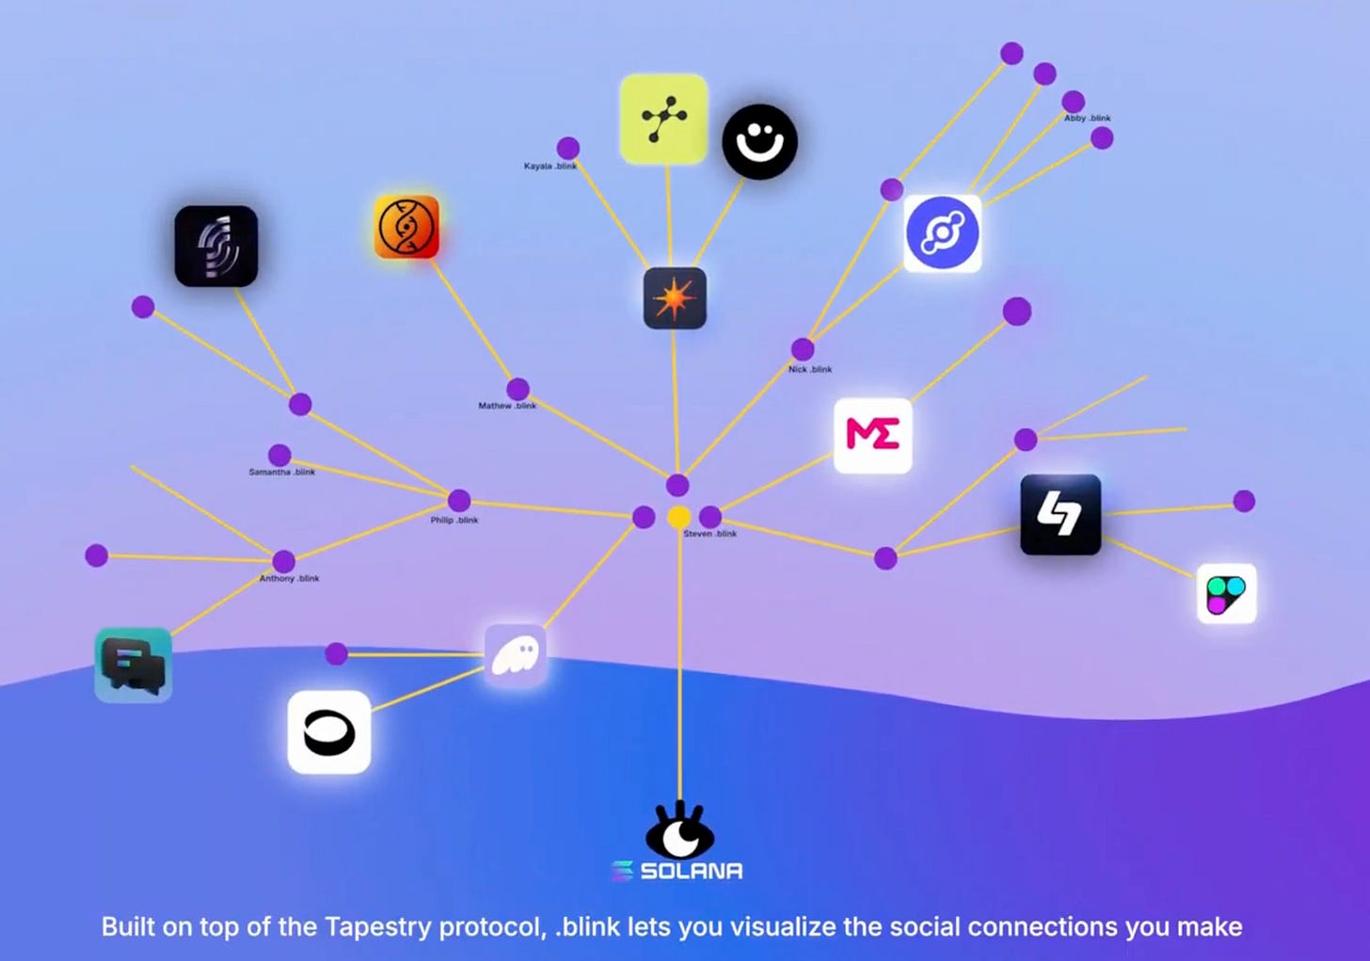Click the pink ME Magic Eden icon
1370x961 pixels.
(872, 435)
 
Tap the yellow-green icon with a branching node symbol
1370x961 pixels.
(663, 119)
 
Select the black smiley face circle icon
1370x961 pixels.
(759, 142)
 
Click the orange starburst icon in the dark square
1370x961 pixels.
(675, 298)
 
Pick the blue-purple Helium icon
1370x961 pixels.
(942, 233)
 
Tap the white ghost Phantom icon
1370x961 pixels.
(516, 654)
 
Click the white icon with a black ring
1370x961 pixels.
(328, 732)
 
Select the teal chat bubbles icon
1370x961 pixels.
(134, 665)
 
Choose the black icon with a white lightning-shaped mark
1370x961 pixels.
(1060, 515)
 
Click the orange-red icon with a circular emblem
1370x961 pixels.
(406, 228)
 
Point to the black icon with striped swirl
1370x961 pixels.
(215, 247)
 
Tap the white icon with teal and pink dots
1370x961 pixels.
(1226, 594)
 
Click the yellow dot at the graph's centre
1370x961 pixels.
(678, 517)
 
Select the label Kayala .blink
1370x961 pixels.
(550, 167)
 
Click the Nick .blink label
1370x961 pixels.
(810, 370)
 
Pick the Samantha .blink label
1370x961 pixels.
(282, 472)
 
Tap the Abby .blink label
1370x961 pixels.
(1087, 119)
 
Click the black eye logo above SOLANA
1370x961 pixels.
(679, 831)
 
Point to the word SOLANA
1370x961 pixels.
(691, 872)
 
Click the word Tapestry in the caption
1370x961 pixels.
(378, 927)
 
